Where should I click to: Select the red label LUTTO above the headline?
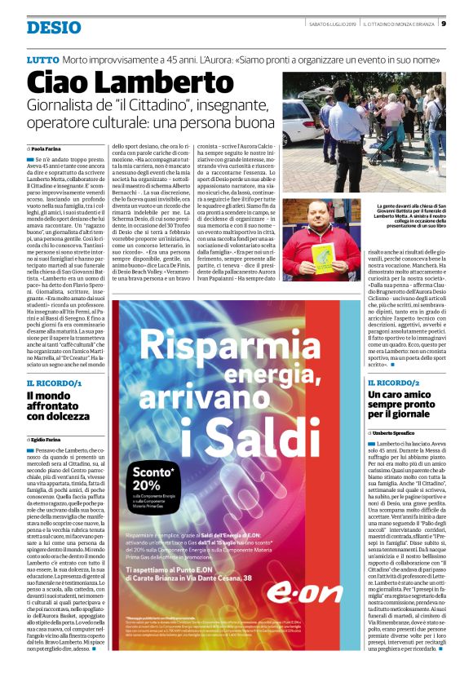(42, 60)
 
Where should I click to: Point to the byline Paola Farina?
(50, 149)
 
